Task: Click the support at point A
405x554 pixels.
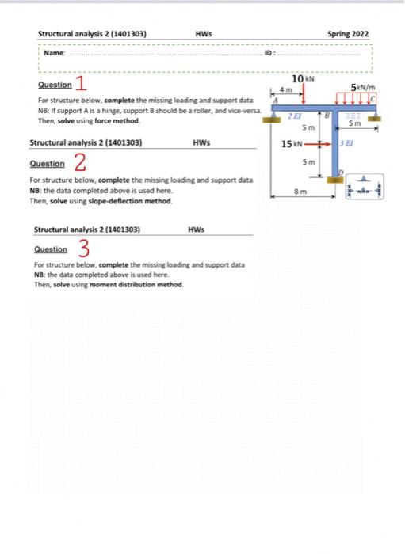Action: point(276,116)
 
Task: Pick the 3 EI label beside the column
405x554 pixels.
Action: point(346,142)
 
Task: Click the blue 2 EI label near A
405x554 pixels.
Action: point(293,116)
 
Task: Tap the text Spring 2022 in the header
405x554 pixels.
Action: point(347,34)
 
